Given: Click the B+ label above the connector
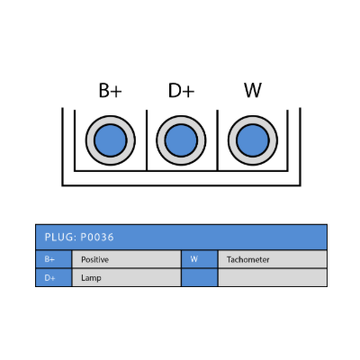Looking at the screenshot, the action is point(111,90).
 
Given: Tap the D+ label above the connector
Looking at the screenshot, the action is point(181,90).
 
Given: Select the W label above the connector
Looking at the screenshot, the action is point(253,90).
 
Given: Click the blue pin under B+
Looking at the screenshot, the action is point(111,140).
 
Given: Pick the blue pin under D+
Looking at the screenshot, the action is point(181,140).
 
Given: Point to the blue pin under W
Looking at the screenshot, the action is point(253,140).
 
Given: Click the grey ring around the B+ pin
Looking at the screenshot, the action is point(90,140).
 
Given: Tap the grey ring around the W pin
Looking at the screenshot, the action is point(232,140).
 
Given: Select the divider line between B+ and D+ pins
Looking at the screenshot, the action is point(147,140).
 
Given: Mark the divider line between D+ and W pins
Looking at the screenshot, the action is point(218,140).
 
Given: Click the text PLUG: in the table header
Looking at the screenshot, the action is point(60,238).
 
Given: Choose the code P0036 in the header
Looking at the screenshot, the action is point(97,238).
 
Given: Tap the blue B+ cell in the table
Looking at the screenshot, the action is point(54,259).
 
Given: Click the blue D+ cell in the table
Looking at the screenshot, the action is point(54,278).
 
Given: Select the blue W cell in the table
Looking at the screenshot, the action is point(200,259).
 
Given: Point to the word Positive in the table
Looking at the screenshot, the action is point(94,259).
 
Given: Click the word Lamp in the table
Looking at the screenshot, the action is point(91,278).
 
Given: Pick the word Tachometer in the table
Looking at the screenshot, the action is point(247,259).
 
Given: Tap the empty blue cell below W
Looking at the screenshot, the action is point(200,278).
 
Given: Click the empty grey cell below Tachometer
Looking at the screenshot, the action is point(273,278).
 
